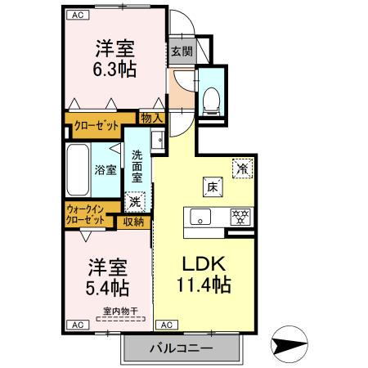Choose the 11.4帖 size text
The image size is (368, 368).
pos(200,286)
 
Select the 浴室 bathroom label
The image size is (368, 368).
pos(106,172)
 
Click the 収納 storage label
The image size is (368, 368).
pos(134,221)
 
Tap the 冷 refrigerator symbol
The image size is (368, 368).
pos(242,168)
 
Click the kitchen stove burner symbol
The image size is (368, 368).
pos(241,217)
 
